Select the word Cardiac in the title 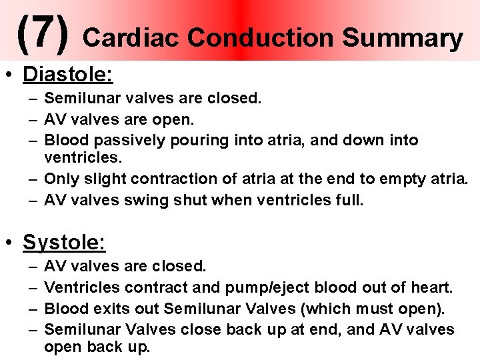tap(131, 38)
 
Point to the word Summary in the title tap(403, 39)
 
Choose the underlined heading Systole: tap(64, 242)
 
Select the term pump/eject tap(261, 288)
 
